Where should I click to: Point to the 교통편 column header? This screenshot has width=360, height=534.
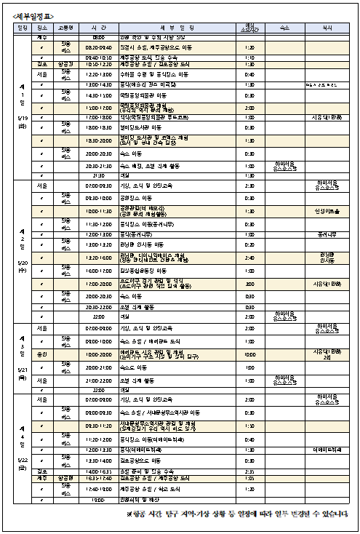(x=66, y=27)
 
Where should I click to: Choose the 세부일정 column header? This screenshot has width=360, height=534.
(x=178, y=27)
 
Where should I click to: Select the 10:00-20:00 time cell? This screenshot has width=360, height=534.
(x=99, y=354)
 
